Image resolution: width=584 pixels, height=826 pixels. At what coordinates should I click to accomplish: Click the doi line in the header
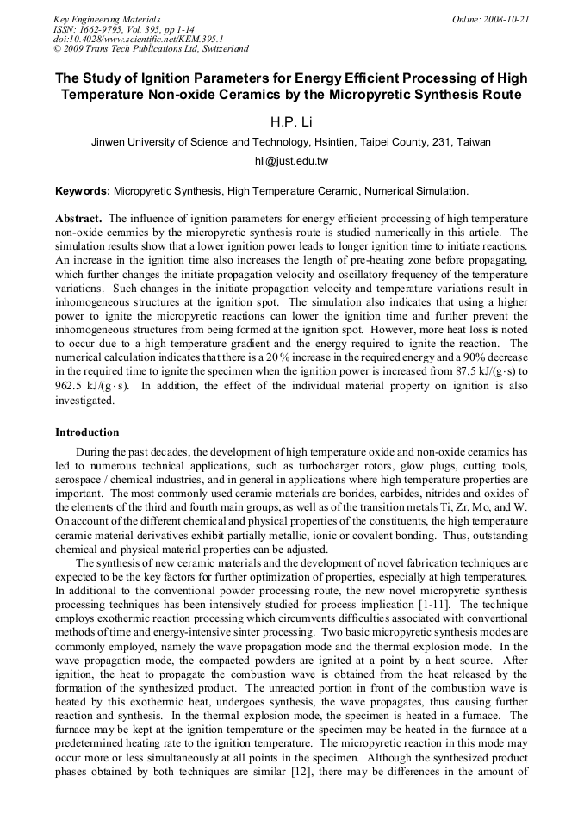(x=139, y=39)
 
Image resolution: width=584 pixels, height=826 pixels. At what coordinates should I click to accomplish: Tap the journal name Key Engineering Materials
(x=107, y=18)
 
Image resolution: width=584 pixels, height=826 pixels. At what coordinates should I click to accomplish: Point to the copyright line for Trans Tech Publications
(x=152, y=49)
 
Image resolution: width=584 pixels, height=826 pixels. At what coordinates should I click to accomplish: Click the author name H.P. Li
(x=291, y=121)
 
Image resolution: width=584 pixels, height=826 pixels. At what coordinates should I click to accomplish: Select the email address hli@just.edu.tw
(x=291, y=161)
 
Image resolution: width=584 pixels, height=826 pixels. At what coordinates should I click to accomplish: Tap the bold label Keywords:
(x=83, y=189)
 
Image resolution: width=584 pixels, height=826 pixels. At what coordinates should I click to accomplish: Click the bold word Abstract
(x=78, y=219)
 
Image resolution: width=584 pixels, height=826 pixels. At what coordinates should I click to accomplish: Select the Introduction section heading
(x=87, y=432)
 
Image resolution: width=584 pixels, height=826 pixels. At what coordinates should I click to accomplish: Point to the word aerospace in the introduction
(x=80, y=480)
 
